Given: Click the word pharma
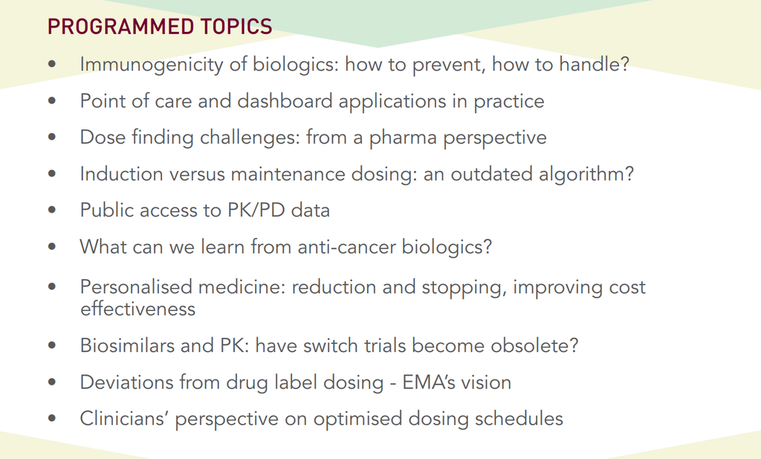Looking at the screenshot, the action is (403, 138).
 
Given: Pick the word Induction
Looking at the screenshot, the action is (121, 174).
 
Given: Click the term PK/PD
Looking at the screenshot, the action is (256, 211).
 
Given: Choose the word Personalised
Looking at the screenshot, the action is (137, 287).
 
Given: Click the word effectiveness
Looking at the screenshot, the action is (137, 309).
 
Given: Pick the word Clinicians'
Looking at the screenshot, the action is (123, 419).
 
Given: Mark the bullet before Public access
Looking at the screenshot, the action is (52, 210).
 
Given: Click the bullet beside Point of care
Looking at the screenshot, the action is (52, 100).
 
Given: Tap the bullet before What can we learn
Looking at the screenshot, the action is (52, 246).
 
